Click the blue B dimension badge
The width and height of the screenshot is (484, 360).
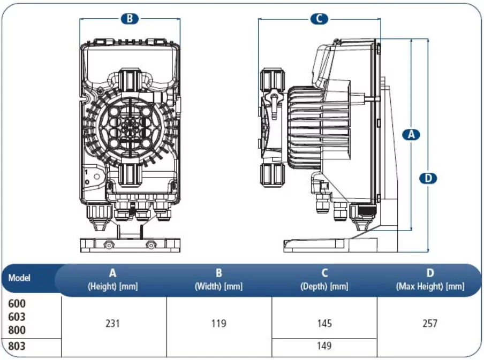click(130, 19)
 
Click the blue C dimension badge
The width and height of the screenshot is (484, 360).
click(319, 19)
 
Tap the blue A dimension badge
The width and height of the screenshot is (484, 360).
click(411, 134)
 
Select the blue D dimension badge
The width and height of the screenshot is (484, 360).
click(428, 178)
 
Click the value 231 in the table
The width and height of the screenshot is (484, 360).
click(113, 323)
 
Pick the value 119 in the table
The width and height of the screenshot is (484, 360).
click(218, 323)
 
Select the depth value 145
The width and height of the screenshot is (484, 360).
click(324, 323)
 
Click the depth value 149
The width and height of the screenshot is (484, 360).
click(324, 346)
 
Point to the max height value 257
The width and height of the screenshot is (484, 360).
click(430, 323)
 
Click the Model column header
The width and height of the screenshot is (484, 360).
click(19, 278)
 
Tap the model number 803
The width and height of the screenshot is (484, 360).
click(17, 346)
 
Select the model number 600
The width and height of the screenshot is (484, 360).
click(17, 303)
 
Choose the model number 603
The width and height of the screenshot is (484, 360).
click(17, 317)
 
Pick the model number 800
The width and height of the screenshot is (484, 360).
click(17, 330)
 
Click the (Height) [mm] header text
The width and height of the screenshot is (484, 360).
click(112, 287)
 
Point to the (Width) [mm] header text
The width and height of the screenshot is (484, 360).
click(218, 287)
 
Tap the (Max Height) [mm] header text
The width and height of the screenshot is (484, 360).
click(430, 287)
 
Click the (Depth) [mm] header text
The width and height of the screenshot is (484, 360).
click(324, 287)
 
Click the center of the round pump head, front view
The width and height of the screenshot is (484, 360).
click(129, 126)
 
